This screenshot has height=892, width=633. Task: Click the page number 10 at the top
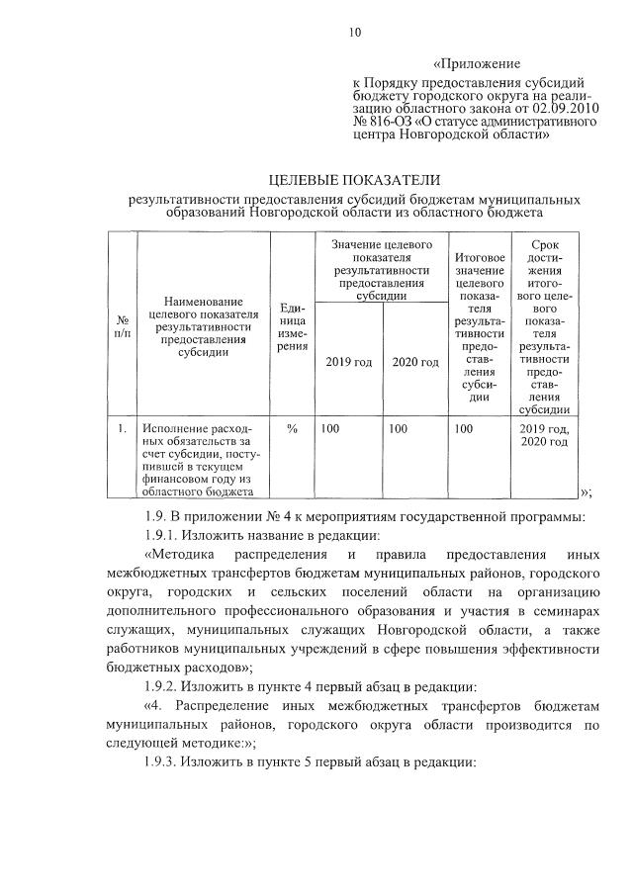tap(354, 32)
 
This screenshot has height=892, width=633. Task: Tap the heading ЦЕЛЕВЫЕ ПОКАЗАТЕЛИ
tap(354, 180)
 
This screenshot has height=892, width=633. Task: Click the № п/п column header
tap(123, 328)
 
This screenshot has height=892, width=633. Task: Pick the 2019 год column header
tap(348, 362)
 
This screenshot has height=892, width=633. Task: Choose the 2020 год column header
tap(414, 362)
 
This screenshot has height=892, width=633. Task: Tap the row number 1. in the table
tap(122, 428)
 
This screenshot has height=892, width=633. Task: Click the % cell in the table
tap(292, 428)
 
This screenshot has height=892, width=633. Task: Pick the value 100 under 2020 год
tap(398, 428)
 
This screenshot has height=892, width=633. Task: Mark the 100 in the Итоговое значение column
tap(463, 428)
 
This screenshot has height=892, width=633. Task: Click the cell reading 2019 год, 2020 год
tap(544, 435)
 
